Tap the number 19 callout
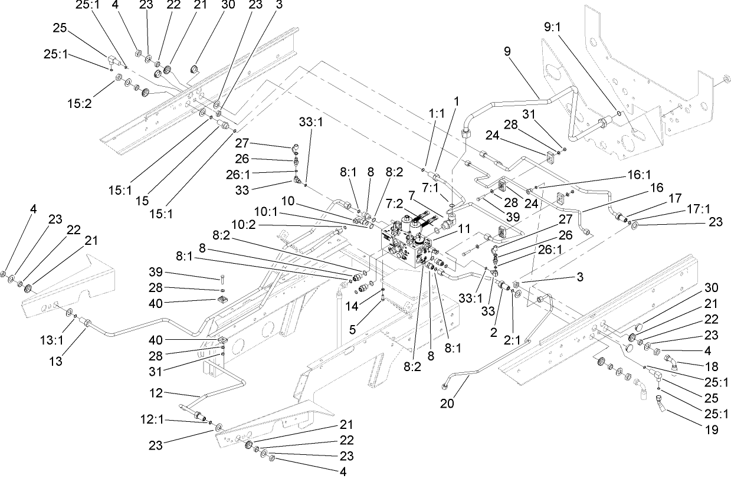pos(711,430)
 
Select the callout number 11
pos(464,228)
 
